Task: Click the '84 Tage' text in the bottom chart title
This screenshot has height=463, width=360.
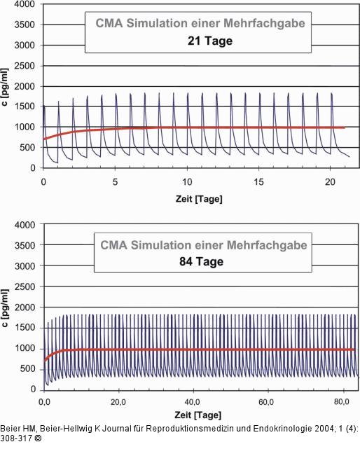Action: tap(204, 262)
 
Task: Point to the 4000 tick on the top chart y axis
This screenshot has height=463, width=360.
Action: tap(25, 4)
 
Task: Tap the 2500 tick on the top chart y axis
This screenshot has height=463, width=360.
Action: tap(25, 65)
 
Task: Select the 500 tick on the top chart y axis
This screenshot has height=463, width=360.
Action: tap(27, 148)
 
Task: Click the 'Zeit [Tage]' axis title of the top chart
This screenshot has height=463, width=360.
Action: tap(199, 198)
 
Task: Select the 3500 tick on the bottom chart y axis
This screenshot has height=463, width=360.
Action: tap(25, 246)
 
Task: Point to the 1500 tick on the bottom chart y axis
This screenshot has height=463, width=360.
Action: tap(25, 328)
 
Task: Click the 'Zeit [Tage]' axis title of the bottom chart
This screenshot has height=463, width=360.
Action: tap(199, 419)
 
